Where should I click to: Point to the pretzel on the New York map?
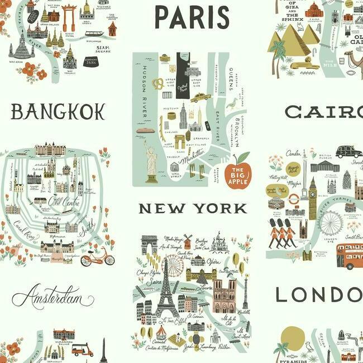158,84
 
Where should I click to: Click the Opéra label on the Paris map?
213,261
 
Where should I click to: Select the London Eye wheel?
331,223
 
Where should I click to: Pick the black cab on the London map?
348,151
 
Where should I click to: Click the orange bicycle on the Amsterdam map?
97,257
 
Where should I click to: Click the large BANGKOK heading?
58,112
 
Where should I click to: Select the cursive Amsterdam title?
53,295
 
